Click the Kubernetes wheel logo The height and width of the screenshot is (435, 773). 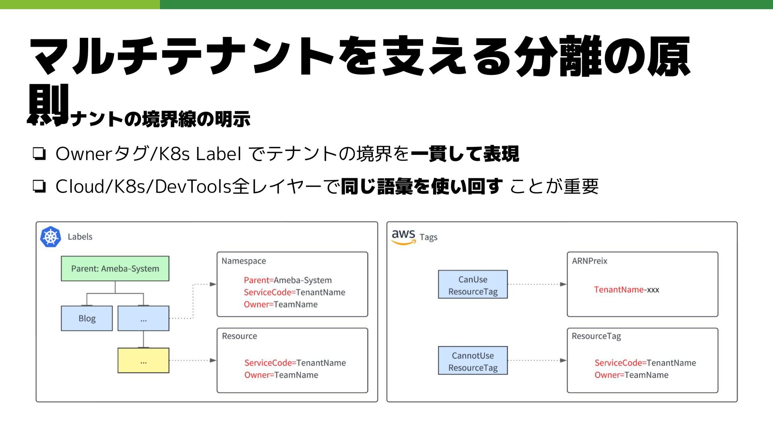[x=51, y=237]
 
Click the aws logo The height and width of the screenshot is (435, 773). [x=403, y=237]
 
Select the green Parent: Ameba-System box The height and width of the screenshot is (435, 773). [x=115, y=268]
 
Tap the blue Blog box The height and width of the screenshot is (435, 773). [x=87, y=318]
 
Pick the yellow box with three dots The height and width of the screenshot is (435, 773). [x=143, y=361]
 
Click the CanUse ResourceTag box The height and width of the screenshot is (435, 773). [x=473, y=285]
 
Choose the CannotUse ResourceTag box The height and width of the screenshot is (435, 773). [x=473, y=361]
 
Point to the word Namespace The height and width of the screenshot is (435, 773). [x=244, y=261]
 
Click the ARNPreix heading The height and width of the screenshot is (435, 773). [x=589, y=261]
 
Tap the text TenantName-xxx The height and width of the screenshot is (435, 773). [x=626, y=290]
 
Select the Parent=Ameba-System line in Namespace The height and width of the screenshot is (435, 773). [x=287, y=280]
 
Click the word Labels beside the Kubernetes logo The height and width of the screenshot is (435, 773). [x=80, y=237]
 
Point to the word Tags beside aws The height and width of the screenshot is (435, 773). [x=428, y=237]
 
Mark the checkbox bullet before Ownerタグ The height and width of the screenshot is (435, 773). [x=39, y=154]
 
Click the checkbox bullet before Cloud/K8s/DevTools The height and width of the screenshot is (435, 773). [x=39, y=186]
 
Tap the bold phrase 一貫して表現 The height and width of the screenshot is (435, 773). [x=465, y=154]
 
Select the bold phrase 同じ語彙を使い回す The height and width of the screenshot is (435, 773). [x=422, y=186]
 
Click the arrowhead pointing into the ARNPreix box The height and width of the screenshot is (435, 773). [x=563, y=284]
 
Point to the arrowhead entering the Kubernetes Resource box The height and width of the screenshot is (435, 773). [x=213, y=360]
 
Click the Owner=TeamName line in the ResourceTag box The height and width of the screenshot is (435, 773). [x=631, y=375]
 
